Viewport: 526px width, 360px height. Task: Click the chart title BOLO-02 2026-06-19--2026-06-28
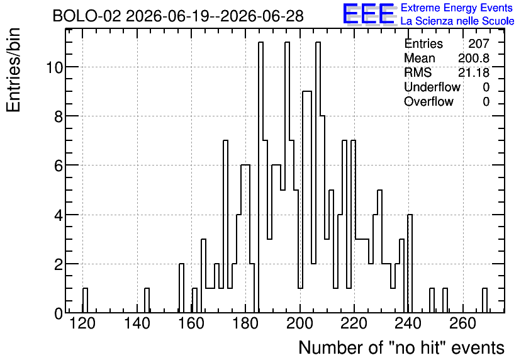click(x=178, y=16)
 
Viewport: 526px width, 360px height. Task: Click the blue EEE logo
click(x=369, y=14)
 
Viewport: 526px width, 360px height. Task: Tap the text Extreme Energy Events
click(x=457, y=8)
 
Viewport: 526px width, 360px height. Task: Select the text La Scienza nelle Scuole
click(x=457, y=21)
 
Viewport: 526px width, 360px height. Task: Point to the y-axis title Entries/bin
click(x=13, y=70)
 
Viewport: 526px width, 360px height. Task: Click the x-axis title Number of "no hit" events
click(x=401, y=347)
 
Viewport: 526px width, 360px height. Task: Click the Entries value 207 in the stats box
click(x=479, y=43)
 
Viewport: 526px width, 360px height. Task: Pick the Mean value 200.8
click(x=474, y=58)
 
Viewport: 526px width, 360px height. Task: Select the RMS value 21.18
click(x=474, y=72)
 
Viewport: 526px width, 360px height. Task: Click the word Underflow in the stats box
click(x=432, y=87)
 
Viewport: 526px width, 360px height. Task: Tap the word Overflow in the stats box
click(x=428, y=101)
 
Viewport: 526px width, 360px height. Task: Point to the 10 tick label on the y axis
click(x=54, y=67)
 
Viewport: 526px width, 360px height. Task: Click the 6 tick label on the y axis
click(x=59, y=166)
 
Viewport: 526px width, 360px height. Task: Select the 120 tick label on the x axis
click(x=82, y=323)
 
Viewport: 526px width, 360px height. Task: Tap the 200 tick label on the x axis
click(x=300, y=323)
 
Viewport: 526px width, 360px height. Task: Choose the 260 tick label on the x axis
click(x=463, y=323)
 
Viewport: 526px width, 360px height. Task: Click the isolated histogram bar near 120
click(x=85, y=300)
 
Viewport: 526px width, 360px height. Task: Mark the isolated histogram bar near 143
click(x=147, y=300)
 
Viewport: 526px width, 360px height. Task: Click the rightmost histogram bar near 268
click(x=484, y=300)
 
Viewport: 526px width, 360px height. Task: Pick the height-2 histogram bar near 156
click(x=181, y=288)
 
